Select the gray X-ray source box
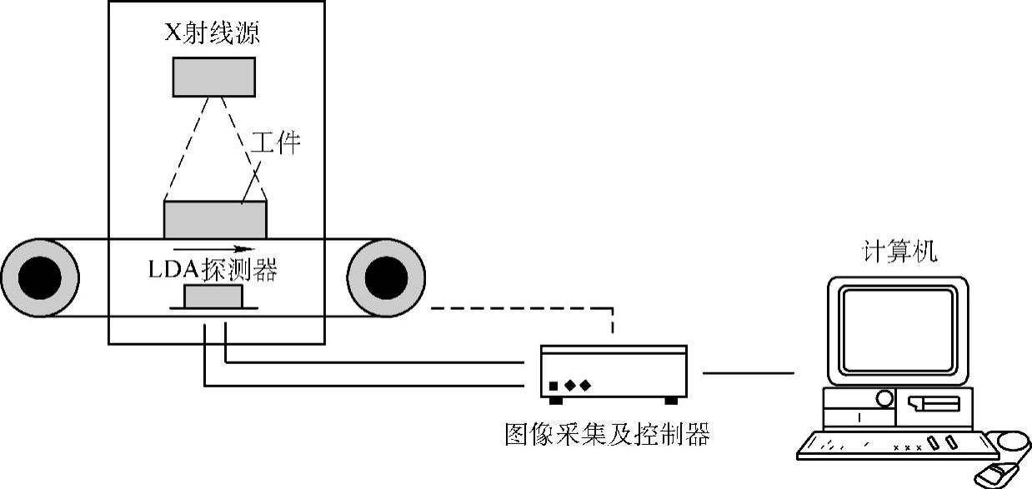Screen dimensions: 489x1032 (x=214, y=77)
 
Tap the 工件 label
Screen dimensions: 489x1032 (x=275, y=143)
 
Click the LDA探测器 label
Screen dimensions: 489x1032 (x=213, y=270)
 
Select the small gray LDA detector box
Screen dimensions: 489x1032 (x=213, y=297)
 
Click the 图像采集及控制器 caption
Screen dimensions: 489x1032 (x=607, y=434)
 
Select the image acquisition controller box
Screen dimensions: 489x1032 (x=613, y=372)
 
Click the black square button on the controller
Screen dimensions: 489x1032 (x=553, y=386)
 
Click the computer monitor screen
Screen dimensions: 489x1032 (x=896, y=329)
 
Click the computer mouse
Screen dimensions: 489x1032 (x=992, y=475)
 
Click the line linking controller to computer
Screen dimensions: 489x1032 (x=748, y=373)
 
